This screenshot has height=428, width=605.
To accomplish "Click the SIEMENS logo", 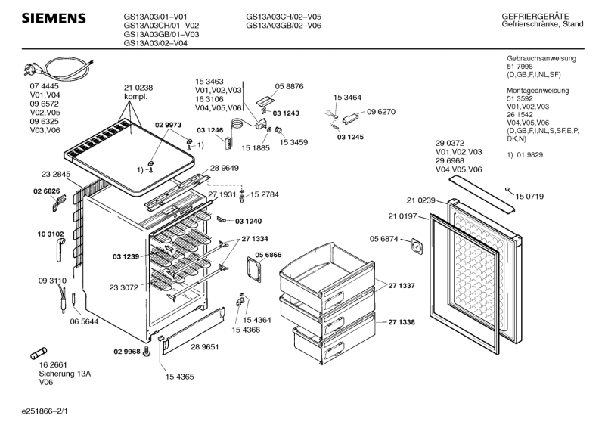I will [x=52, y=18].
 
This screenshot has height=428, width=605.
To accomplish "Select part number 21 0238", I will [x=138, y=88].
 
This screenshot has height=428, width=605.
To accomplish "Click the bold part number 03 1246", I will [x=209, y=131].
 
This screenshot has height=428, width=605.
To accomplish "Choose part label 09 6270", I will [x=382, y=112].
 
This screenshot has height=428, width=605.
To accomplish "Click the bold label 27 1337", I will [x=402, y=286].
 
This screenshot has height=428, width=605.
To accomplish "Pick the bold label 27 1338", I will [x=402, y=322].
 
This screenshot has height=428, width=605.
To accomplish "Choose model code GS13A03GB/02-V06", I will [x=284, y=25].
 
